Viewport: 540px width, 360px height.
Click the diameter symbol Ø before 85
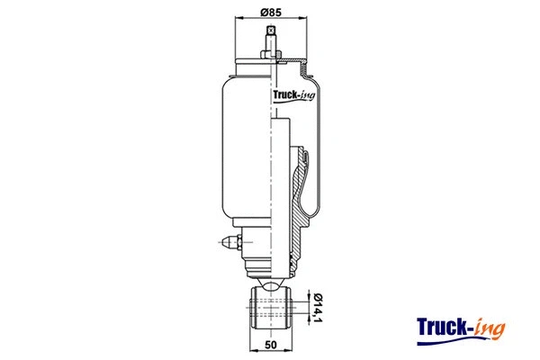pyautogui.click(x=265, y=12)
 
